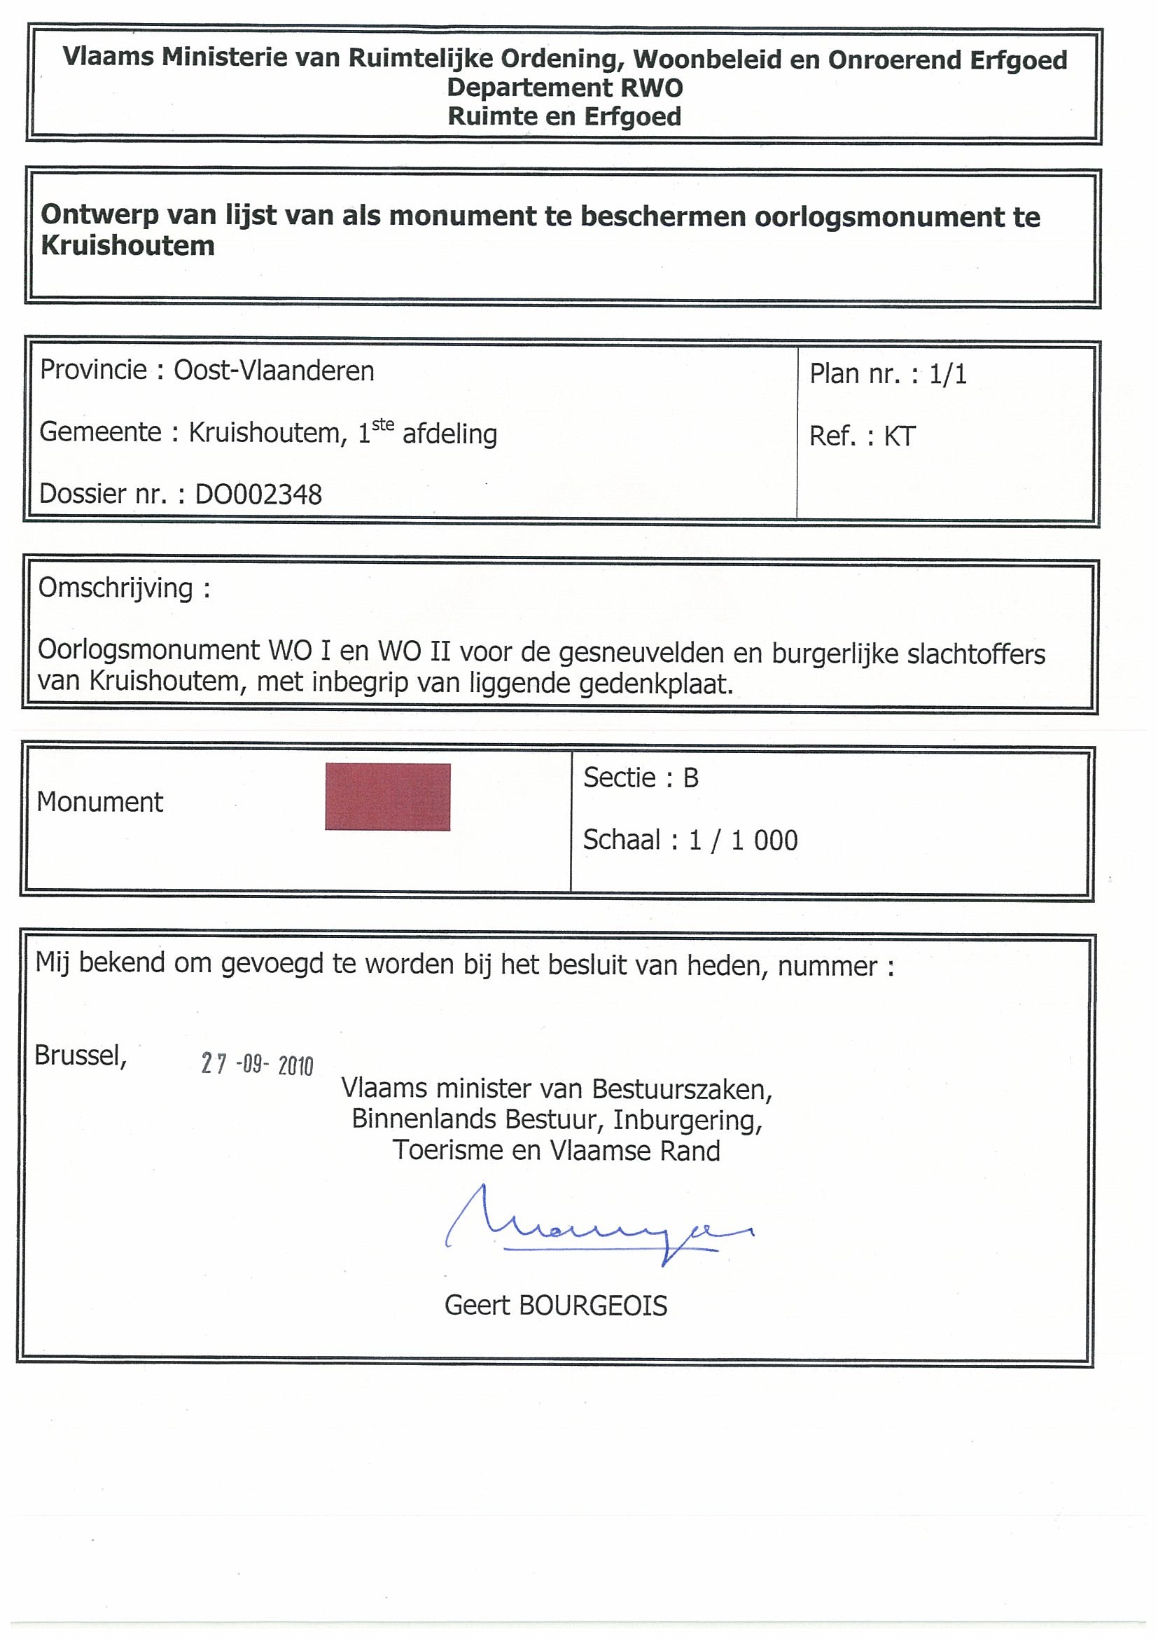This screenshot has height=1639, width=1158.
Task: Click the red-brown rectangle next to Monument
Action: click(387, 796)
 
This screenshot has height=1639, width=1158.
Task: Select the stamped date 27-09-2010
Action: click(257, 1065)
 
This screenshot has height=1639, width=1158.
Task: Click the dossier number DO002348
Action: click(258, 494)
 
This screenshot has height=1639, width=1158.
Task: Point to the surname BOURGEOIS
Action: click(592, 1306)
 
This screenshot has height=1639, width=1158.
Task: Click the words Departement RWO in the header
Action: click(564, 88)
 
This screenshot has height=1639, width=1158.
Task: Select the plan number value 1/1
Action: click(947, 374)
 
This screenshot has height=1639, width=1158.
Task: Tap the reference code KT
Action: click(899, 436)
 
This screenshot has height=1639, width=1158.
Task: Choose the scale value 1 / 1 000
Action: click(743, 841)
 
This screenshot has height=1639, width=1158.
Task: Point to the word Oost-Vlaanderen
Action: click(274, 371)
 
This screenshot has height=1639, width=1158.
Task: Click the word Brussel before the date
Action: click(80, 1055)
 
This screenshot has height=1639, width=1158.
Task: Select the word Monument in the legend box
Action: click(100, 803)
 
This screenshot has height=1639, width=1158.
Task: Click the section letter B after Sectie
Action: click(690, 777)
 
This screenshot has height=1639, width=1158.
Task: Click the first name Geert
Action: click(477, 1306)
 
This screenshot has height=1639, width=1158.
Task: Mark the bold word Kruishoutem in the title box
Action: click(127, 245)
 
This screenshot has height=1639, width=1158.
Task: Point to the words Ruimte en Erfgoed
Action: click(564, 116)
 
